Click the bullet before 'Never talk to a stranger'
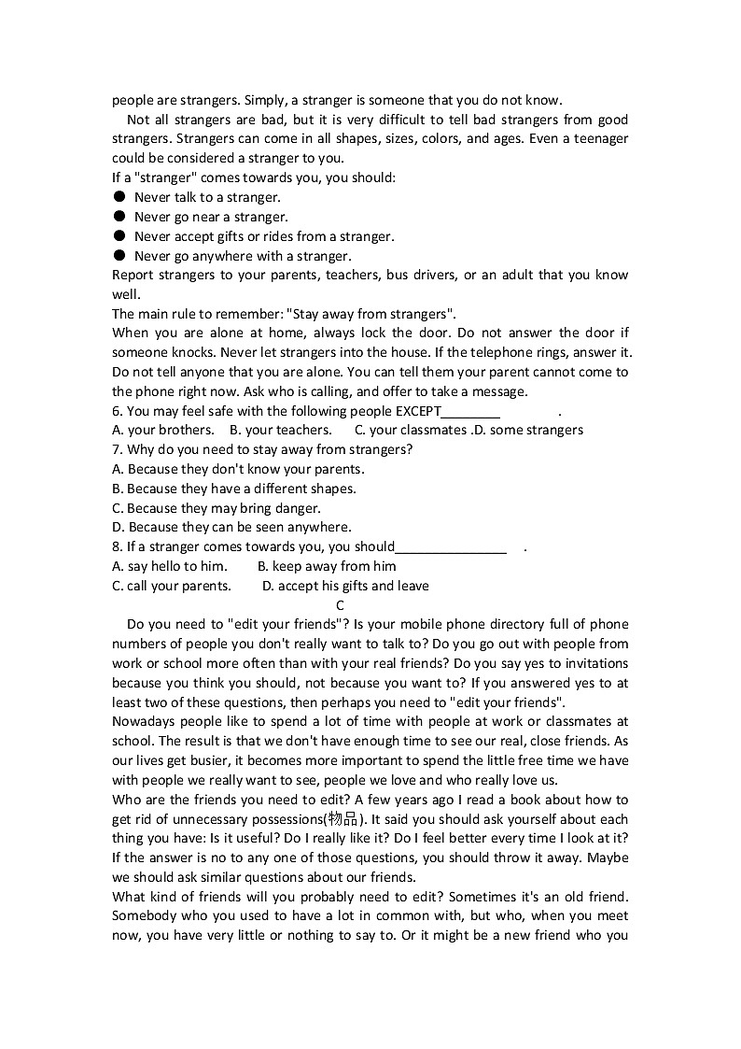[x=119, y=197]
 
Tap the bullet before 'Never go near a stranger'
[x=119, y=217]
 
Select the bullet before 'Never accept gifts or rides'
[x=119, y=236]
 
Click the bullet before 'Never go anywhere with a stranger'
[x=119, y=256]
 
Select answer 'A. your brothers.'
[x=163, y=430]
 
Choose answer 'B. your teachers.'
[x=281, y=430]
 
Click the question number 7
[x=117, y=449]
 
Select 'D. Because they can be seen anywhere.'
[x=231, y=527]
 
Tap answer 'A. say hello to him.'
[x=170, y=566]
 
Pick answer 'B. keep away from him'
[x=327, y=566]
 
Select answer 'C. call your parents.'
[x=172, y=586]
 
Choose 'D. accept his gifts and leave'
[x=345, y=586]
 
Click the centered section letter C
[x=340, y=605]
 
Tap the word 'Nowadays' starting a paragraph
[x=144, y=722]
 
